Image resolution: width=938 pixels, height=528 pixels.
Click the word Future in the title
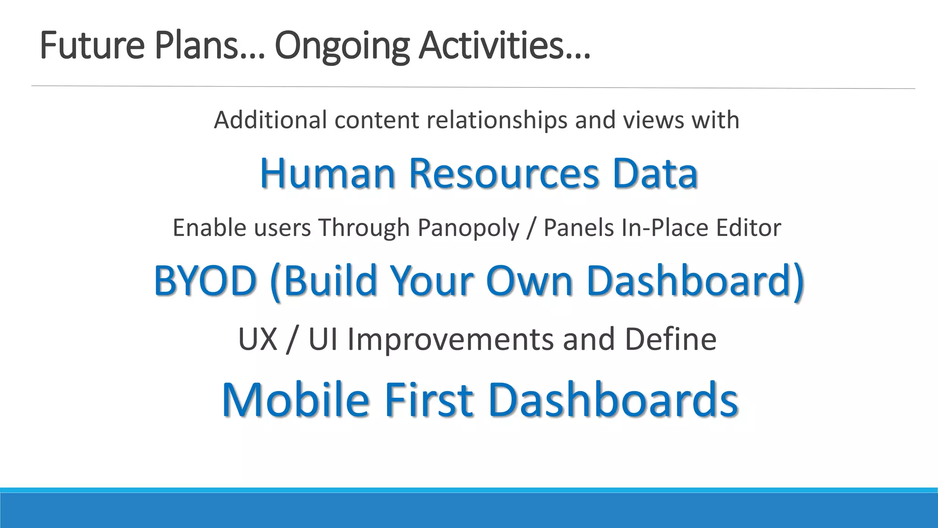pyautogui.click(x=92, y=46)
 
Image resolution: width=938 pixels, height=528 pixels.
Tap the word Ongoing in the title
pyautogui.click(x=342, y=46)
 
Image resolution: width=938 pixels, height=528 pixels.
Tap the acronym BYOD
pyautogui.click(x=205, y=280)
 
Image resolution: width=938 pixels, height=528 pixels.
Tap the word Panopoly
pyautogui.click(x=468, y=228)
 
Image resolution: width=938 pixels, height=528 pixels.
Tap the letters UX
pyautogui.click(x=258, y=339)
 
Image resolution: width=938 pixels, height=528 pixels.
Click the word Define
pyautogui.click(x=671, y=339)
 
